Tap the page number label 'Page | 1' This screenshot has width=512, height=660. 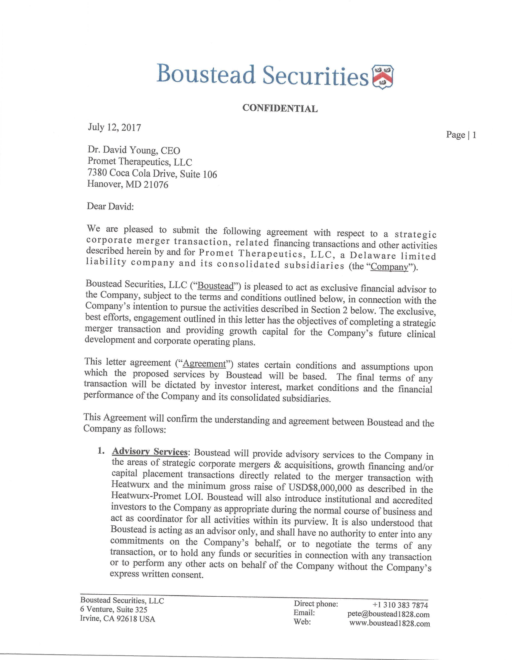pyautogui.click(x=461, y=135)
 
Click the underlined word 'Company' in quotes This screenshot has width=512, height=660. pyautogui.click(x=389, y=267)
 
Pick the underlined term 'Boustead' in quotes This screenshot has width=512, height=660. pyautogui.click(x=216, y=286)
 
